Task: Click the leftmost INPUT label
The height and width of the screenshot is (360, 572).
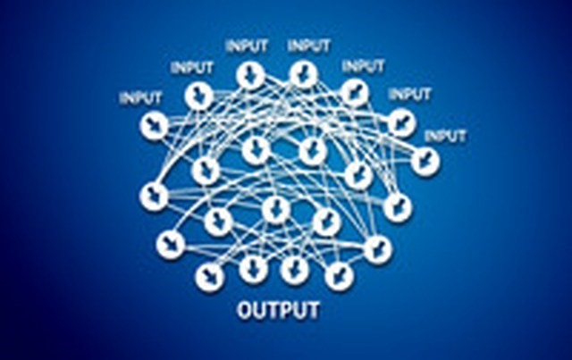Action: point(140,98)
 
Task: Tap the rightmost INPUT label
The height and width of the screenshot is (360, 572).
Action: point(445,136)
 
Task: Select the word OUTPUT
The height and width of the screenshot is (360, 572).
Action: point(278,310)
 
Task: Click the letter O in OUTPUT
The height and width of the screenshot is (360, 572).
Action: point(245,310)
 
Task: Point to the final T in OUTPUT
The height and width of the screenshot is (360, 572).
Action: point(313,310)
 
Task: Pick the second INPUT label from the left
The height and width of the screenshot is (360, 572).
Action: point(192,68)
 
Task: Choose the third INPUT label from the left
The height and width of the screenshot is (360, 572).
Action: point(247,46)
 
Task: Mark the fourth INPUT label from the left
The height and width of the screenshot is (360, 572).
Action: point(308,46)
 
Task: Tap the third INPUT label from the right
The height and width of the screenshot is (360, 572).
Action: point(363,66)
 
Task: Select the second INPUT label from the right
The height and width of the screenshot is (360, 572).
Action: point(409,95)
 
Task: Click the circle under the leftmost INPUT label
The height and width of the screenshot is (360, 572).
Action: point(154,125)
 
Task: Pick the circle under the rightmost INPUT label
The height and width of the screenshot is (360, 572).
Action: point(425,162)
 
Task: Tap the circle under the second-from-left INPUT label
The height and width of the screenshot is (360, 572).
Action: point(198,96)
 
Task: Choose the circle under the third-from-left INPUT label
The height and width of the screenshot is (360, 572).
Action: point(250,76)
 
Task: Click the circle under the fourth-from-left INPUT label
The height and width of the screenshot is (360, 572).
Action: point(304,76)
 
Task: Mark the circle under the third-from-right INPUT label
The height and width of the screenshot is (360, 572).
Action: point(355,93)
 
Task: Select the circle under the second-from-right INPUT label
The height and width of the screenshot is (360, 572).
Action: point(401,123)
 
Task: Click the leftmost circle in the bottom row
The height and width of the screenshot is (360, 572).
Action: point(210,277)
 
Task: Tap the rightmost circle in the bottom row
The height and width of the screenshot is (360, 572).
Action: point(339,276)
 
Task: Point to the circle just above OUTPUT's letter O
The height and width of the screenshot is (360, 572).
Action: point(253,269)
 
